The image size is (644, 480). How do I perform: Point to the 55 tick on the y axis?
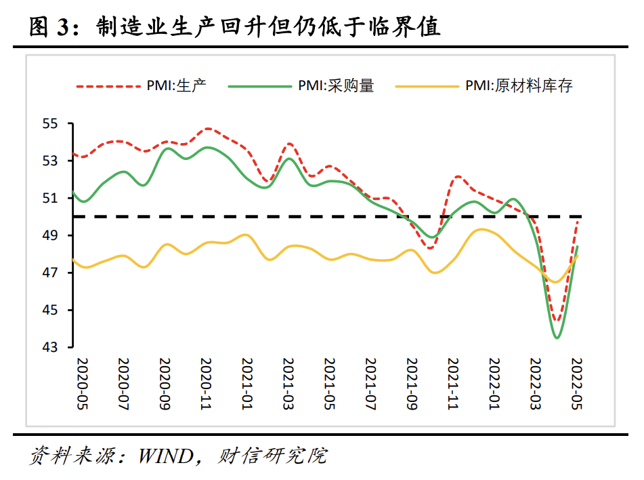click(51, 124)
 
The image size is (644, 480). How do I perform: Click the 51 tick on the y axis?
click(51, 199)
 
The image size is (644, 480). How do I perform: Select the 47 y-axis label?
click(51, 273)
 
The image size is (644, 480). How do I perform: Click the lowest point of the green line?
click(557, 338)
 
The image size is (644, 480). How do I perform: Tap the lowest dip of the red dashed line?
click(557, 321)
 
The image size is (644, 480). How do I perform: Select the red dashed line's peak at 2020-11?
click(208, 128)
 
